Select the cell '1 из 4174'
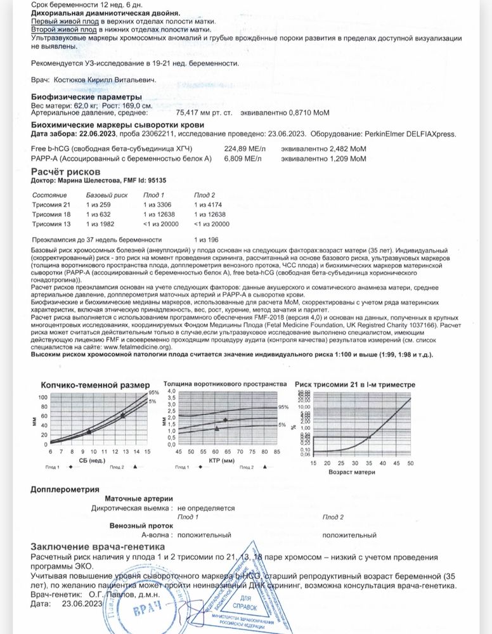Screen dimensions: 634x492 point(207,205)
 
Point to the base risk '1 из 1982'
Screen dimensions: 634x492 point(100,224)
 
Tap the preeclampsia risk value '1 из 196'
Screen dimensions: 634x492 point(207,239)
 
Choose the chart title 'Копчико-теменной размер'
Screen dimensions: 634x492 point(95,385)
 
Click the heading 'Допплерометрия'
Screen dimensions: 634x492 point(65,490)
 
